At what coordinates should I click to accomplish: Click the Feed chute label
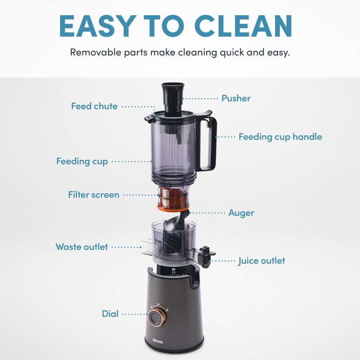[94, 106]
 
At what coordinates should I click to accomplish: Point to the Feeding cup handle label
[280, 136]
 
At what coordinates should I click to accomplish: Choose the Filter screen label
[94, 195]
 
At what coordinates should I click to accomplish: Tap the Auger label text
[241, 212]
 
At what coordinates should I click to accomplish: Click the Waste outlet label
[81, 247]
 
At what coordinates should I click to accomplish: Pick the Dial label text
[110, 314]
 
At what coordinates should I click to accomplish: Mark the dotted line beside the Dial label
[133, 314]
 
